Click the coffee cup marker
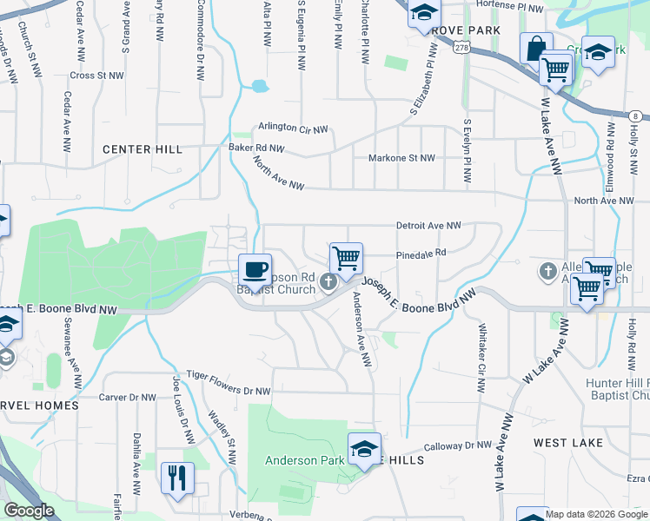point(255,268)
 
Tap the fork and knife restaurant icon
point(177,477)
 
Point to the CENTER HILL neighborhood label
point(143,149)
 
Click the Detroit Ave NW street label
point(428,226)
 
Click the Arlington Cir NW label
point(293,128)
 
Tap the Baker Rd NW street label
point(256,148)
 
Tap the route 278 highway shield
point(460,49)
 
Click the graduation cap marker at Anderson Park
point(365,448)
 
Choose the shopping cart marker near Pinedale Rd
point(346,258)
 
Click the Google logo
point(29,511)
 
